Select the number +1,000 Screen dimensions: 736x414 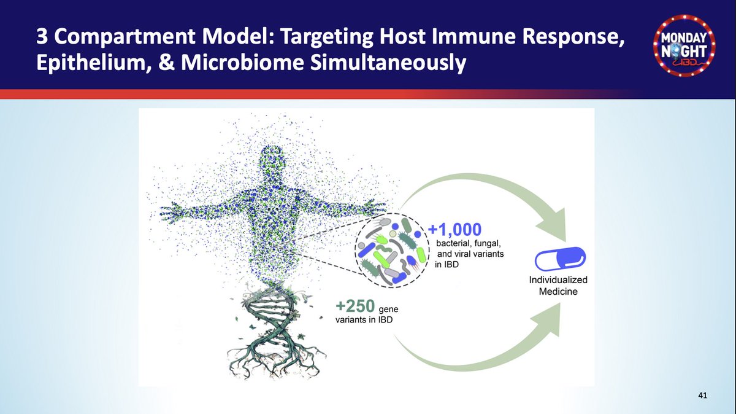pyautogui.click(x=455, y=230)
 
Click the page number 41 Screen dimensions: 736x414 pyautogui.click(x=703, y=396)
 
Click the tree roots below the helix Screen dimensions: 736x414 pyautogui.click(x=270, y=362)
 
